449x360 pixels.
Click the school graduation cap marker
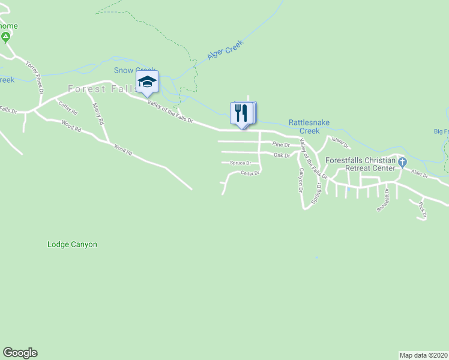coord(147,83)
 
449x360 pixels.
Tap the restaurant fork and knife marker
coord(242,113)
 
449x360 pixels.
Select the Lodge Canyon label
coord(72,244)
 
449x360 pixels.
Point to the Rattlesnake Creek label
coord(309,126)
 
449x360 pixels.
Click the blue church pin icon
coord(403,162)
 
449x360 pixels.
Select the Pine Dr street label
coord(281,145)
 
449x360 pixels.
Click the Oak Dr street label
coord(282,155)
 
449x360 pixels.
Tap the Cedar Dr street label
coord(249,173)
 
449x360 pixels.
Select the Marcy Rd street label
coord(98,114)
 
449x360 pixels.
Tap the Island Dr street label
coord(340,143)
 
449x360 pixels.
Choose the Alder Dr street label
coord(419,174)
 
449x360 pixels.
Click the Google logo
coord(20,353)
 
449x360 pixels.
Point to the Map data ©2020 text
coord(423,355)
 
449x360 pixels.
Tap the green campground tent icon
coord(5,38)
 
